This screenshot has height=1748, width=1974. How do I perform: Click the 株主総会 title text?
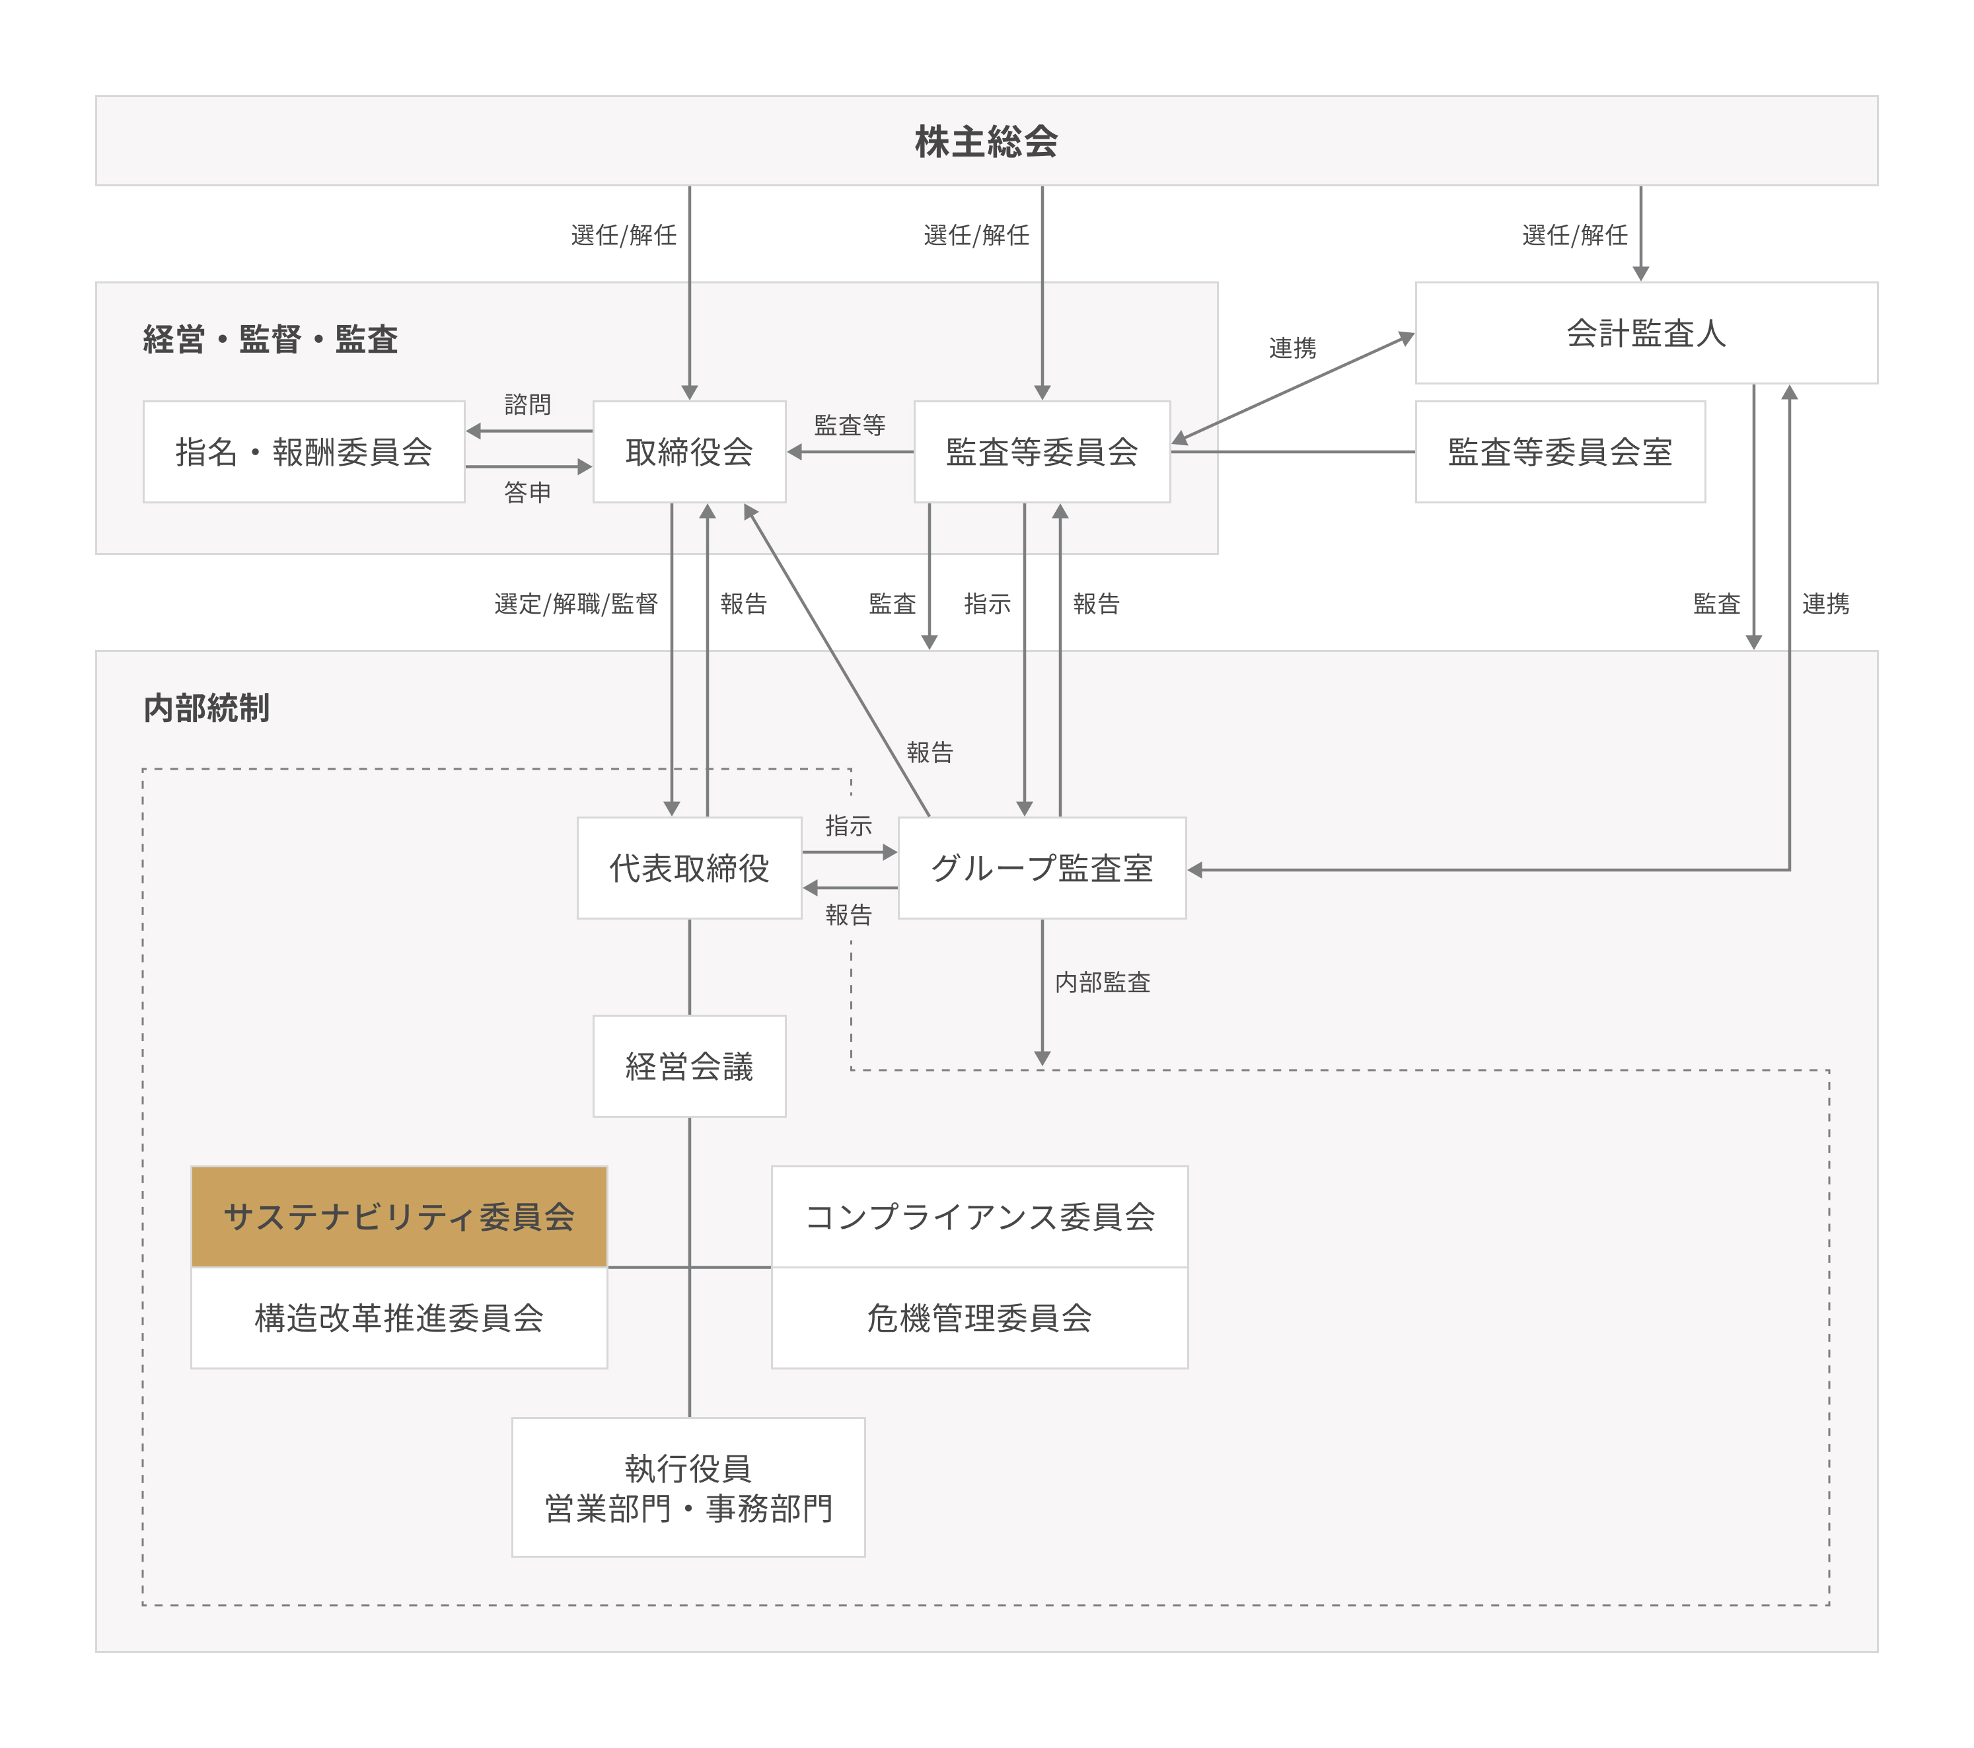986,142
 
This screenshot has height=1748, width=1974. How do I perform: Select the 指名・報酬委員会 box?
304,452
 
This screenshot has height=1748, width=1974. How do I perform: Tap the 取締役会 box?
690,452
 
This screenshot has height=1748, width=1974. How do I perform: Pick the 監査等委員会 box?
1042,452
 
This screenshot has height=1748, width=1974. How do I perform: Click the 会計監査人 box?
1646,333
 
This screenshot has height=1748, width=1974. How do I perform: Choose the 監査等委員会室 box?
1560,452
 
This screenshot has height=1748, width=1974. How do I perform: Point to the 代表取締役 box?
690,868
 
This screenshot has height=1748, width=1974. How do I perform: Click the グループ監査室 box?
1042,868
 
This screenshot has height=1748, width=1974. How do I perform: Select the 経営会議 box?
690,1066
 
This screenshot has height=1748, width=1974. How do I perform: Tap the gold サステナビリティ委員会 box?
399,1217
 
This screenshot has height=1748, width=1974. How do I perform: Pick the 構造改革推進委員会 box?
399,1318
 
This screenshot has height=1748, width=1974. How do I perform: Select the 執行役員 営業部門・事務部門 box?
688,1487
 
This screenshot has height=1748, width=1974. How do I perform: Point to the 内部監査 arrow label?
1103,983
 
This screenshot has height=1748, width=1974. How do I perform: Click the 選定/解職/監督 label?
577,604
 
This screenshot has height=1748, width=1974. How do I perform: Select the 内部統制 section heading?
207,708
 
